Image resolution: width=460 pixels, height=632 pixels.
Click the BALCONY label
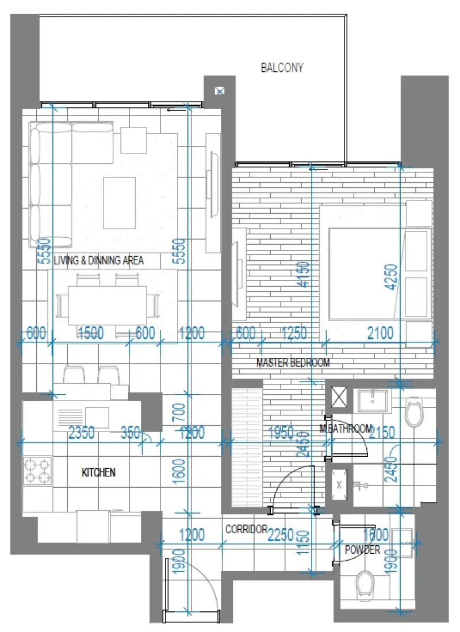pyautogui.click(x=282, y=68)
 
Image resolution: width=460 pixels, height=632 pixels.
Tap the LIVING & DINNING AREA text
pyautogui.click(x=98, y=260)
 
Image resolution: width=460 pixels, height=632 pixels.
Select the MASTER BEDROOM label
pyautogui.click(x=293, y=363)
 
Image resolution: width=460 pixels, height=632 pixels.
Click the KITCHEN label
pyautogui.click(x=98, y=472)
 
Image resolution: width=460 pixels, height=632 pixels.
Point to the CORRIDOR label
pyautogui.click(x=246, y=529)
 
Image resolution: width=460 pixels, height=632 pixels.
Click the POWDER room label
pyautogui.click(x=362, y=550)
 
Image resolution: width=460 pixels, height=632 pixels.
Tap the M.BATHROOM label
pyautogui.click(x=346, y=429)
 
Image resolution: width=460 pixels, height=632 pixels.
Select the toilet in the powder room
pyautogui.click(x=365, y=584)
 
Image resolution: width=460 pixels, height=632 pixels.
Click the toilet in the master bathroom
pyautogui.click(x=414, y=412)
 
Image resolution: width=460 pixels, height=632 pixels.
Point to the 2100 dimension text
pyautogui.click(x=380, y=333)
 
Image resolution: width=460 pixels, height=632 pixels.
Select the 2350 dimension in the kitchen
pyautogui.click(x=81, y=433)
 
